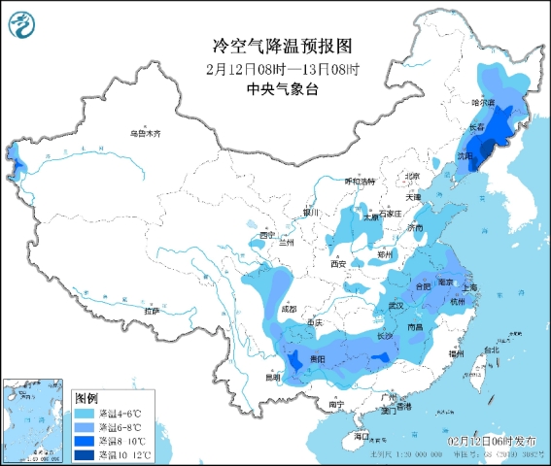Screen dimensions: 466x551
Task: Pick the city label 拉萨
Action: click(153, 311)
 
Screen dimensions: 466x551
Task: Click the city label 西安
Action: click(337, 263)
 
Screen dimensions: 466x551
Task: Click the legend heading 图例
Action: click(86, 399)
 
